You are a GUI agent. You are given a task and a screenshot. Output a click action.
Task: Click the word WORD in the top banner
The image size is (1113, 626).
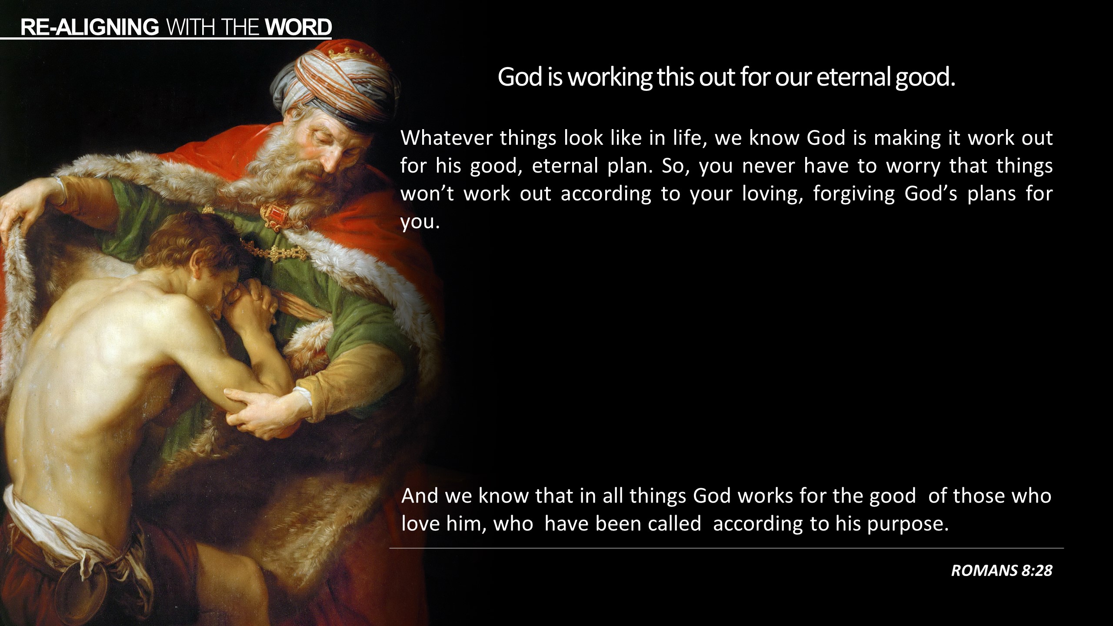click(298, 27)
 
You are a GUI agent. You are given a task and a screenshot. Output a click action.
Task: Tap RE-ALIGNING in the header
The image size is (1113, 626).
click(90, 27)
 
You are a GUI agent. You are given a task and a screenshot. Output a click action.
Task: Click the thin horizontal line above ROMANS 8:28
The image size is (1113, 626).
click(726, 548)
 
